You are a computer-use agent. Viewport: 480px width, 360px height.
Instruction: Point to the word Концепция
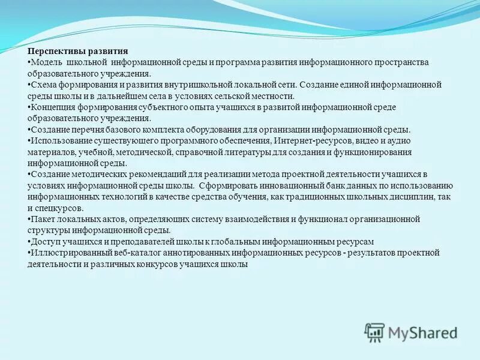click(52, 107)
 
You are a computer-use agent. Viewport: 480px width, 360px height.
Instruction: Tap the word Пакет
click(42, 219)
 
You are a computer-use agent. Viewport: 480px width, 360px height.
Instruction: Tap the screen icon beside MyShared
click(375, 332)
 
